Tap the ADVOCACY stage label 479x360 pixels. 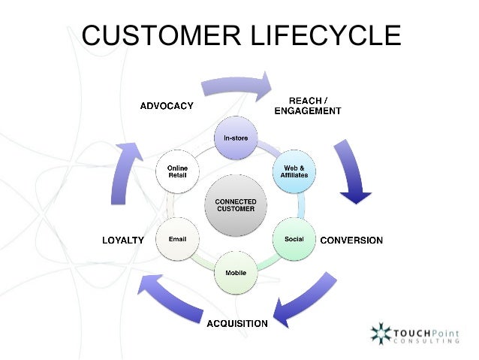[167, 106]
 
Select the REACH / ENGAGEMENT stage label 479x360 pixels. [315, 105]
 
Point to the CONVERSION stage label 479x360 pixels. [351, 241]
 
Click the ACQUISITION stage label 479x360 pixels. [237, 323]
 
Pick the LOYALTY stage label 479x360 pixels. [122, 241]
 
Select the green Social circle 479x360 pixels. [294, 238]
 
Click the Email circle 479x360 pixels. [177, 238]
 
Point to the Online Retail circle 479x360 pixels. [177, 172]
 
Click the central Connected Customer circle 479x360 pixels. [236, 205]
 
